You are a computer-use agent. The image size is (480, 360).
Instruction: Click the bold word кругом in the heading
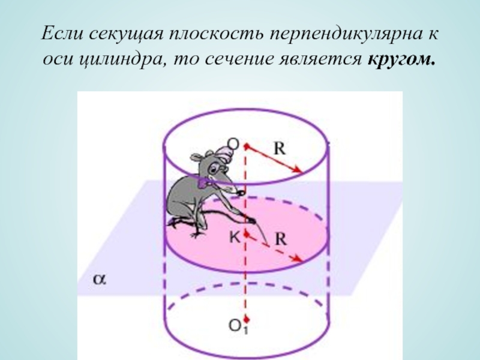pos(401,59)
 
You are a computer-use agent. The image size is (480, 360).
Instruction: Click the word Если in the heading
pos(62,33)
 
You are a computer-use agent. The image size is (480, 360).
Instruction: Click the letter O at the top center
pos(233,143)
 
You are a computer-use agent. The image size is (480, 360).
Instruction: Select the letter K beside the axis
pos(235,236)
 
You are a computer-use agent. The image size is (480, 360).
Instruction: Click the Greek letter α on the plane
pos(100,279)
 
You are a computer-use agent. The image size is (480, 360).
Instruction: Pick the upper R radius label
pos(279,149)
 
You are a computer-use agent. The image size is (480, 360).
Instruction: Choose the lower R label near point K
pos(281,239)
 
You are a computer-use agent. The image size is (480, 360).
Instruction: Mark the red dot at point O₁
pos(247,320)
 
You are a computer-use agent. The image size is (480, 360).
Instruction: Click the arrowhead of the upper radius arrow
pos(298,170)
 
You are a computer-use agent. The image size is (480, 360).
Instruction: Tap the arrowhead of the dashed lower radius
pos(297,259)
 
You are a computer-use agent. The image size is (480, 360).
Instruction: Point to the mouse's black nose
pos(242,193)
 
